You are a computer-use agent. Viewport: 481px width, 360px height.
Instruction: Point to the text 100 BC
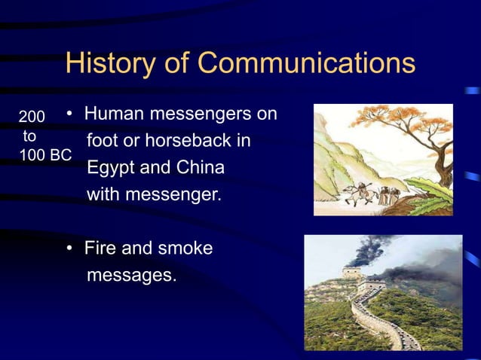pos(45,156)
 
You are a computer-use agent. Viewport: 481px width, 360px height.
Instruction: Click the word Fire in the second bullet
pos(100,248)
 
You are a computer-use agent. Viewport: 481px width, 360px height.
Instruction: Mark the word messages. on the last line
pos(132,275)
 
